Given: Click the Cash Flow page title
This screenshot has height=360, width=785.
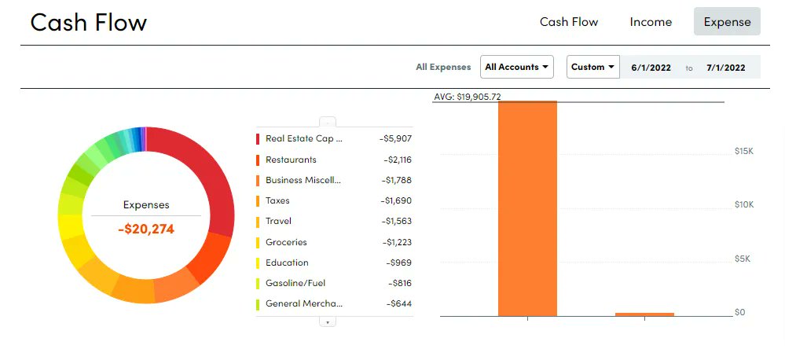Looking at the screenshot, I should tap(88, 22).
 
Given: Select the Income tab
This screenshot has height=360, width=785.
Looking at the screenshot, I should tap(651, 22).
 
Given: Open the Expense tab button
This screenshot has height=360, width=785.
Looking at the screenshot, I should tap(727, 22).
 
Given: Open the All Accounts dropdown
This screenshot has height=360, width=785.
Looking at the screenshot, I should tap(516, 67).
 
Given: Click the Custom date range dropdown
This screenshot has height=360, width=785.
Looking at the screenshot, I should tap(592, 67).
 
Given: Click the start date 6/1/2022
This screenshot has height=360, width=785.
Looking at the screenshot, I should tap(651, 68).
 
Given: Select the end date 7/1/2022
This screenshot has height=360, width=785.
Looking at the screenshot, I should tap(725, 68).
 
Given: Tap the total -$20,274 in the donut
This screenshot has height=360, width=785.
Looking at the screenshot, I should tap(146, 230).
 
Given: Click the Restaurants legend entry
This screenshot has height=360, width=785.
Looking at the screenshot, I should tap(291, 160).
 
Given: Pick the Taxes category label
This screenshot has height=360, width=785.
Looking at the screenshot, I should tap(277, 200).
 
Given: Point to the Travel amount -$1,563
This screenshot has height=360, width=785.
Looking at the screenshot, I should tap(397, 222).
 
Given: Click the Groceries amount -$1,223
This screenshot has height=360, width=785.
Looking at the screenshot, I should tap(397, 242).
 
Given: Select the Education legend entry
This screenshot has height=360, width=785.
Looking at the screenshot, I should tap(287, 263).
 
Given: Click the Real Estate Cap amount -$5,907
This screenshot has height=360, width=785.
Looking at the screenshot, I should tap(395, 138).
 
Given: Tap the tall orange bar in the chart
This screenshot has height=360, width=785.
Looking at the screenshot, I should tap(527, 208).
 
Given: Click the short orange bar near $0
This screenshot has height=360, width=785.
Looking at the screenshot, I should tap(644, 314).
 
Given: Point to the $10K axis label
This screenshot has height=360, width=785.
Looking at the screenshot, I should tap(743, 204).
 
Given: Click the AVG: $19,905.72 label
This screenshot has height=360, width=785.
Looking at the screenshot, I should tap(468, 97).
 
